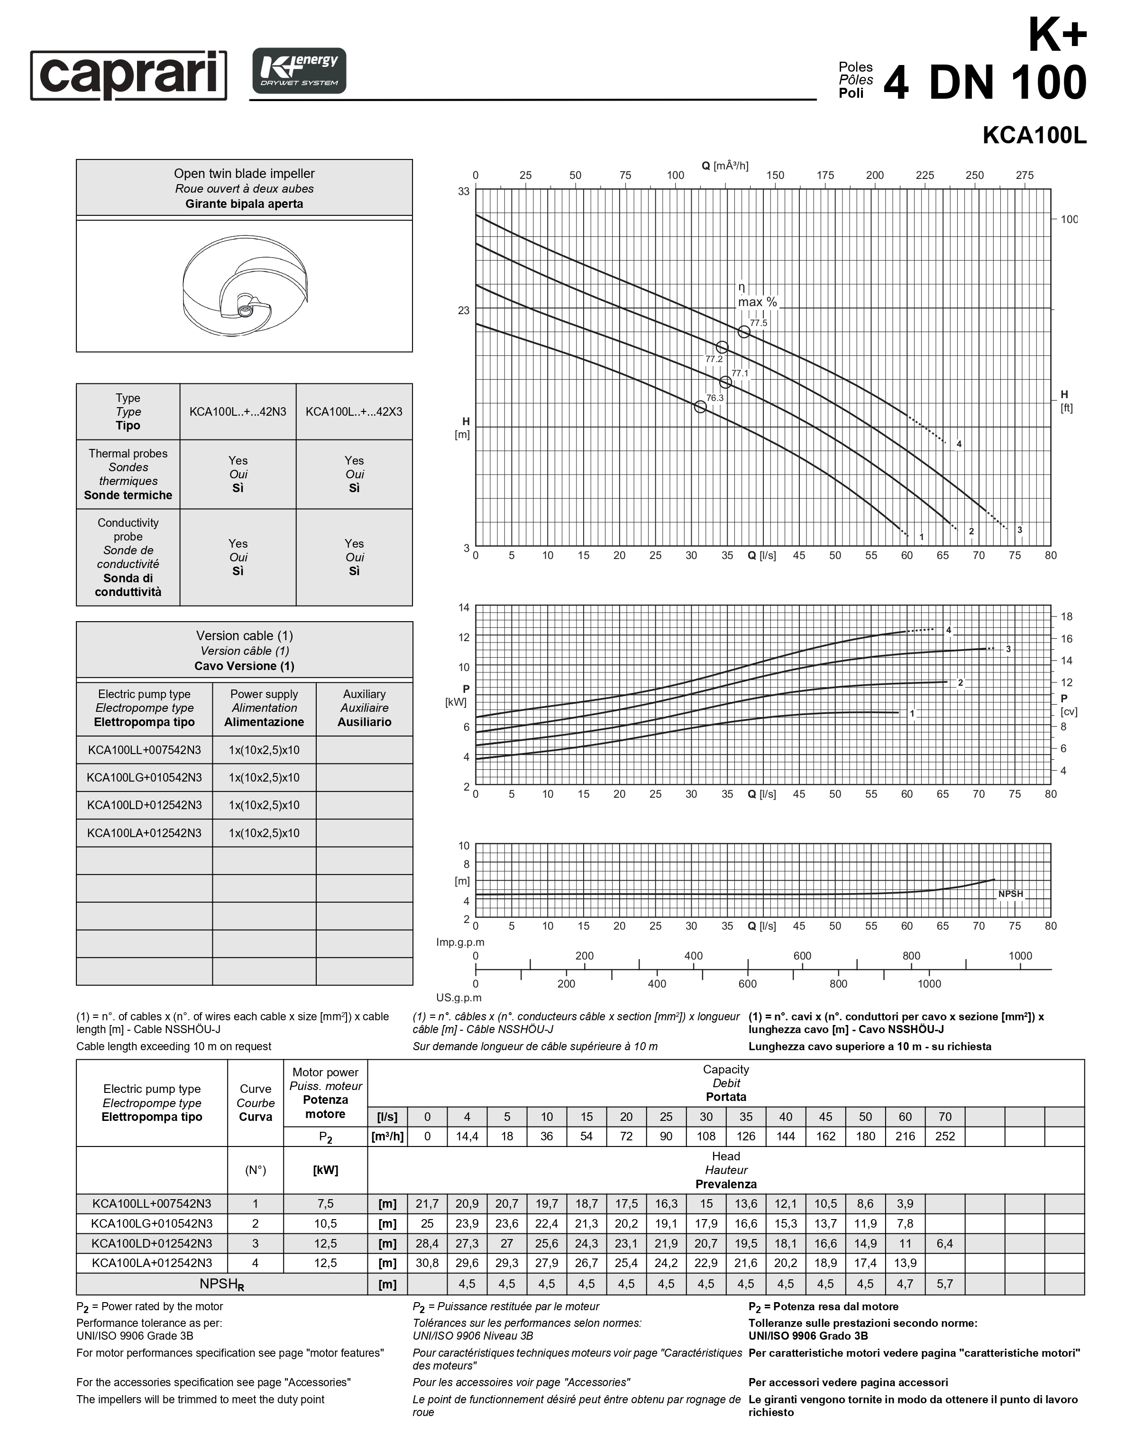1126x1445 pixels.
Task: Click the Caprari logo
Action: coord(128,75)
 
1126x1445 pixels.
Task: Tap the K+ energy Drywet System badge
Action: coord(299,71)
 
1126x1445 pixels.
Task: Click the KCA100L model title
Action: coord(1034,135)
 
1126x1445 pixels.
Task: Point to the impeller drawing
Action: coord(245,286)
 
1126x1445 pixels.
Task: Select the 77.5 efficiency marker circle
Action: coord(744,332)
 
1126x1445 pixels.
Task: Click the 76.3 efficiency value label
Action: coord(715,398)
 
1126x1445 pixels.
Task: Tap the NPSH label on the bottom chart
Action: coord(1010,894)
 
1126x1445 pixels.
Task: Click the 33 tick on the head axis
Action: coord(464,191)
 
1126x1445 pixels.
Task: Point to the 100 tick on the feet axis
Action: coord(1069,219)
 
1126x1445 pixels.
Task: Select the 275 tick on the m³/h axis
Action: coord(1024,175)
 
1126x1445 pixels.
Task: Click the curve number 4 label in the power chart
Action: coord(948,630)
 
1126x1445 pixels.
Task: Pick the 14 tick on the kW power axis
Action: coord(464,607)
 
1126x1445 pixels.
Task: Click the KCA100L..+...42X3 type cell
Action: coord(354,411)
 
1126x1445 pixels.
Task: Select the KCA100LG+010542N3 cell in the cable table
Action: coord(144,777)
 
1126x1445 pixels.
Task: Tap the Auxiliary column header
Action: coord(364,708)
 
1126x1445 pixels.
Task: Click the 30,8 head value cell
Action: coord(427,1263)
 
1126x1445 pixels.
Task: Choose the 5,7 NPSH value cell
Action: coord(945,1284)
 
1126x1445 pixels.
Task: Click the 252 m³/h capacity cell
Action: coord(945,1136)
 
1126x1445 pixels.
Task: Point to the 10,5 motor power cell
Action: coord(325,1223)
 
